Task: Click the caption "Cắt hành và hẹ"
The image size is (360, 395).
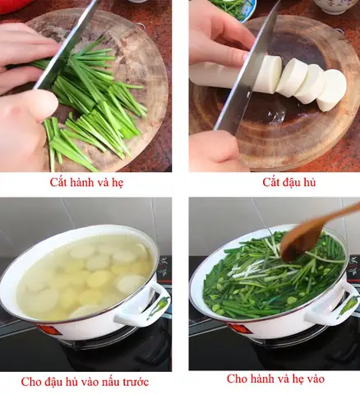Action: click(x=85, y=183)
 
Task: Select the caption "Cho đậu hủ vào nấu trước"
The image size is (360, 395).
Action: click(x=85, y=382)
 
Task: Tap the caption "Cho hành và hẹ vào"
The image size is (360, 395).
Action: click(x=275, y=379)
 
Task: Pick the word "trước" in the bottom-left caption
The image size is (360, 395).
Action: click(x=132, y=382)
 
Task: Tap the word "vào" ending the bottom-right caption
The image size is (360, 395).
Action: click(x=313, y=379)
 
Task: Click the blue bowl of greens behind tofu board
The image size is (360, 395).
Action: click(x=235, y=8)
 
